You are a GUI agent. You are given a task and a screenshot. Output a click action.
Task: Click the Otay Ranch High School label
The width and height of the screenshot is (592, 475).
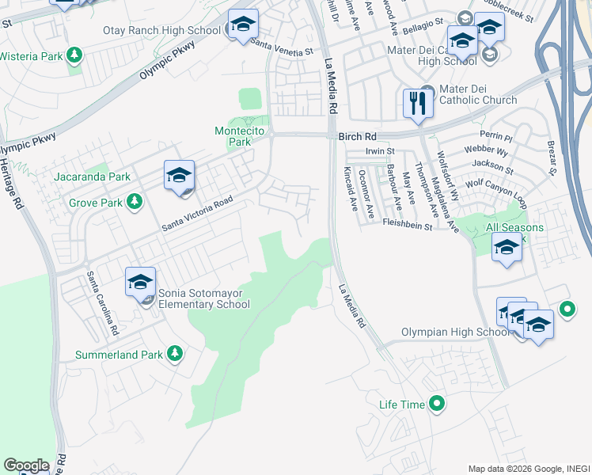click(x=162, y=31)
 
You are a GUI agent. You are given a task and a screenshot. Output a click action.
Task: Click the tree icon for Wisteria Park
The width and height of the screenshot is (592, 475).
click(x=74, y=55)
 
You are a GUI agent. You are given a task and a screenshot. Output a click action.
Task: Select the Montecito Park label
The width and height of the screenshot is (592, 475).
click(x=233, y=136)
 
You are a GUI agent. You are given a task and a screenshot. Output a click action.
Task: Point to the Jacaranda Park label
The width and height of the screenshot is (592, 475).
click(x=92, y=177)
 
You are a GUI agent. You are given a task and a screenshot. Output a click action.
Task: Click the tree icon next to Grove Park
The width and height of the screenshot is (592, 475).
click(x=135, y=202)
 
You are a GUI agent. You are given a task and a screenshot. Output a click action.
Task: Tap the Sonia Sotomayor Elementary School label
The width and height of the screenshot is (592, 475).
click(x=204, y=298)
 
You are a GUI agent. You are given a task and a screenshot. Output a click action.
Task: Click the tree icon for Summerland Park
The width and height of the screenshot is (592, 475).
click(x=174, y=355)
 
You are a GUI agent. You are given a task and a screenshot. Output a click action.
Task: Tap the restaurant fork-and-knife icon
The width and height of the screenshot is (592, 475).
click(x=417, y=103)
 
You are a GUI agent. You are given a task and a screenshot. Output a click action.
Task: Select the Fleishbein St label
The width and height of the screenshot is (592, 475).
click(x=407, y=226)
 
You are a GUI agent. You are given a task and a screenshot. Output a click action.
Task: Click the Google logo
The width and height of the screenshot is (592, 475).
click(x=26, y=465)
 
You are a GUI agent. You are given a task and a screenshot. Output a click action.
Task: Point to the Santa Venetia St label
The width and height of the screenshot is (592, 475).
click(x=280, y=44)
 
